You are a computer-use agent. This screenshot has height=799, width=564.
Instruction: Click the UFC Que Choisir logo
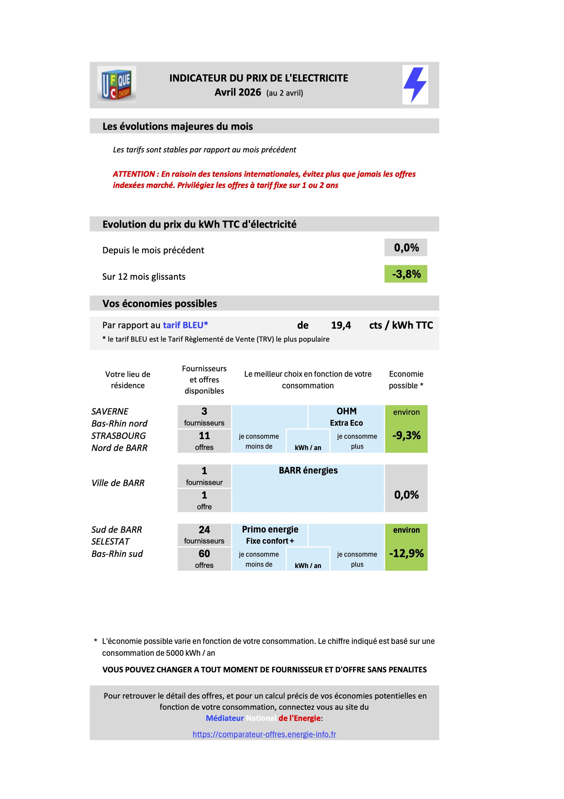pos(117,85)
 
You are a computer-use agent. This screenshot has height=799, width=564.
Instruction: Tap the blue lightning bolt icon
pos(415,85)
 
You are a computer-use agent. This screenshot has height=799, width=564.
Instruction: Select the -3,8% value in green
pos(406,274)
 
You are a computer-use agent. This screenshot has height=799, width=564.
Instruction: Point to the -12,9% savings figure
pos(406,553)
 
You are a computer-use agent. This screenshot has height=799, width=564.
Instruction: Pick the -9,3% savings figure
pos(406,435)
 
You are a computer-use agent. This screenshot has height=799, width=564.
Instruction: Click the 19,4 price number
pos(341,325)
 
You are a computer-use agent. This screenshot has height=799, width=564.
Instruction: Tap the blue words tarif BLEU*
pos(185,325)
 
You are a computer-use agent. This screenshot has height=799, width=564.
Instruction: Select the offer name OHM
pos(347,411)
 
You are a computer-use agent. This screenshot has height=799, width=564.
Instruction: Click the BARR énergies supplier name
pos(308,470)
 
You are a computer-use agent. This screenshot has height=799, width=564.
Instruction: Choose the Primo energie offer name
pos(270,529)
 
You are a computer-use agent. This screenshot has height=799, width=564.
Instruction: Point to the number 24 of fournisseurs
pos(204,529)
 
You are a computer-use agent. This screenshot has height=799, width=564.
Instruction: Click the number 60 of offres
pos(204,553)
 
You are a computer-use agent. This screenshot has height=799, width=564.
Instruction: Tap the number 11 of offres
pos(204,435)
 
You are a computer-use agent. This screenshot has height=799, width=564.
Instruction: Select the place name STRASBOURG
pos(118,436)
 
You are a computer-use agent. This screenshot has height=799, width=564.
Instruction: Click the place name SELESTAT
pos(110,542)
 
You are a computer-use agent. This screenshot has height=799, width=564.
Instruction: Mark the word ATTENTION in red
pos(134,174)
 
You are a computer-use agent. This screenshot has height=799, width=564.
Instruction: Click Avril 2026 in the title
pos(238,92)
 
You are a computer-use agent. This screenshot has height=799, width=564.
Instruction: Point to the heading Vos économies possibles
pos(160,303)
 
